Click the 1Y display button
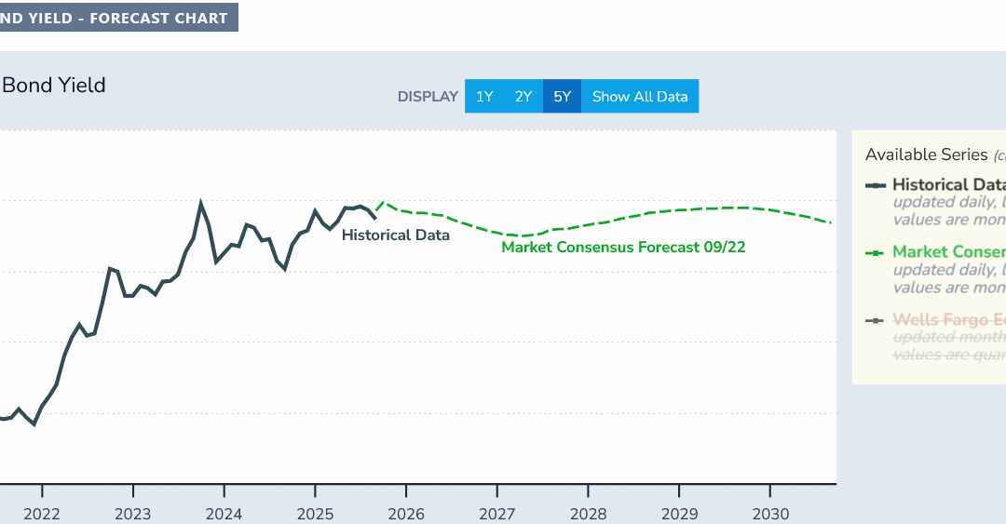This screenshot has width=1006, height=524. tap(484, 97)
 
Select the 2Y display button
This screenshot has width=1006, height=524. tap(523, 97)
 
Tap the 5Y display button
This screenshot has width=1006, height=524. tap(562, 97)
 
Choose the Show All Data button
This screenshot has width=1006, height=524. tap(640, 97)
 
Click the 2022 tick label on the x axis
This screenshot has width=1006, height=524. tap(42, 514)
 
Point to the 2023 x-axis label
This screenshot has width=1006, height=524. tap(133, 514)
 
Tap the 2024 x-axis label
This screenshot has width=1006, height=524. tap(224, 514)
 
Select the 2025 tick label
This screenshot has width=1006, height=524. tap(315, 514)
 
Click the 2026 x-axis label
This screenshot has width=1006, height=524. tap(406, 514)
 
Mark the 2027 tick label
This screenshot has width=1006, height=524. tap(497, 514)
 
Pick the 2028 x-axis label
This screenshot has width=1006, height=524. tap(589, 514)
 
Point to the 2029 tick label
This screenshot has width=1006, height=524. tap(679, 514)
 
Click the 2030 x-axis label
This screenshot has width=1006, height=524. tap(770, 514)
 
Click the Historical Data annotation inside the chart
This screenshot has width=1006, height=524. tap(395, 235)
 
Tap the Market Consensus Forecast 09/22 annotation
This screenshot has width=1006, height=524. tap(623, 248)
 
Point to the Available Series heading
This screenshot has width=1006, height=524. tap(926, 155)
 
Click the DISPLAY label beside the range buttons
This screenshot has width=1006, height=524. tap(428, 97)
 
